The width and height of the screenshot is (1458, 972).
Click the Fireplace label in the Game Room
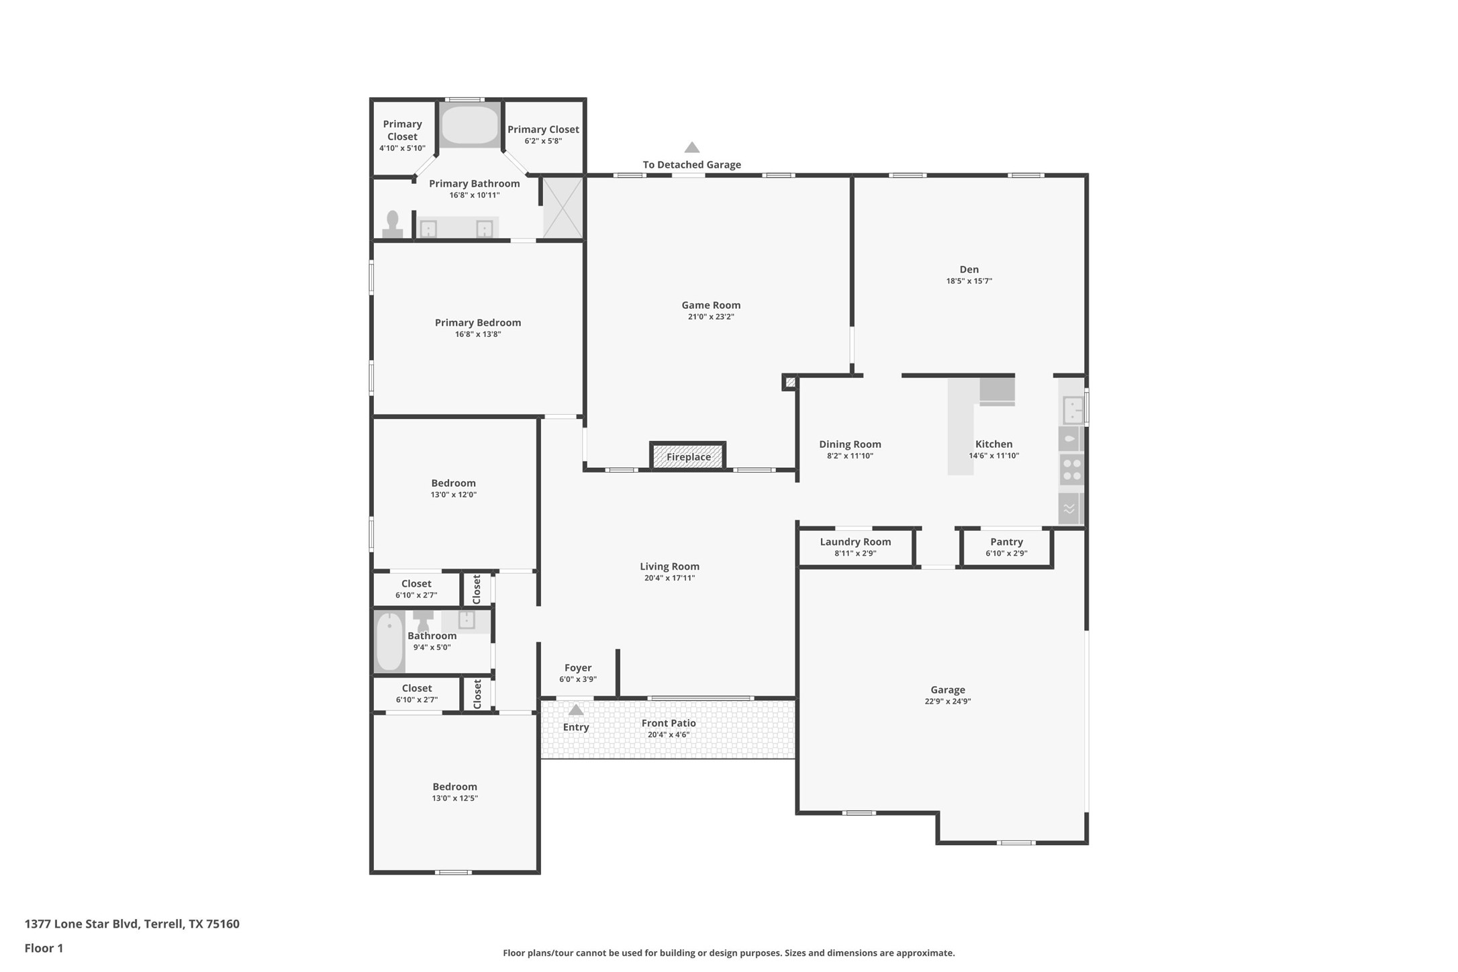[688, 457]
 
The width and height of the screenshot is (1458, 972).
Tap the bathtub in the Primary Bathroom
[470, 125]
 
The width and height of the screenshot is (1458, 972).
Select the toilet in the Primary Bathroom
[393, 224]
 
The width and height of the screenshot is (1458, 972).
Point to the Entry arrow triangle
[576, 710]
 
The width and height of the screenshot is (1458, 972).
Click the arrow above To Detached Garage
[692, 147]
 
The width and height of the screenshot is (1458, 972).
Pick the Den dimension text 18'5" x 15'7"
[969, 281]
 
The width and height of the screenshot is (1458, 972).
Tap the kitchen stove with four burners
[1071, 469]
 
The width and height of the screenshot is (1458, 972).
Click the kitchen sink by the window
[1072, 409]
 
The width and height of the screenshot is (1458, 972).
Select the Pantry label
[1006, 542]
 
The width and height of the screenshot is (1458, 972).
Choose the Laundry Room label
[855, 542]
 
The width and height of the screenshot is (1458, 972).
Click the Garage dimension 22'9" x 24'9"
[947, 701]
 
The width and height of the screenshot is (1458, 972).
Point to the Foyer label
[578, 668]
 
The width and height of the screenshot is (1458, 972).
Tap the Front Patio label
[669, 723]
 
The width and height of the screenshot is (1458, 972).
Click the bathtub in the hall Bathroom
[389, 642]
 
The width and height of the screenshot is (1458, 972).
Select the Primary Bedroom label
[478, 323]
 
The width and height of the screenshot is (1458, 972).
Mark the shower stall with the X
[563, 207]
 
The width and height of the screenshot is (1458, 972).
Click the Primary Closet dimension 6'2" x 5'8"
[543, 141]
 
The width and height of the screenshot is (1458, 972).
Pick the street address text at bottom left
[132, 924]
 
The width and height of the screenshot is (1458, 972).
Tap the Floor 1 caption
[44, 949]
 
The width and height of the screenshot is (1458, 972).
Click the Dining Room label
[850, 444]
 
